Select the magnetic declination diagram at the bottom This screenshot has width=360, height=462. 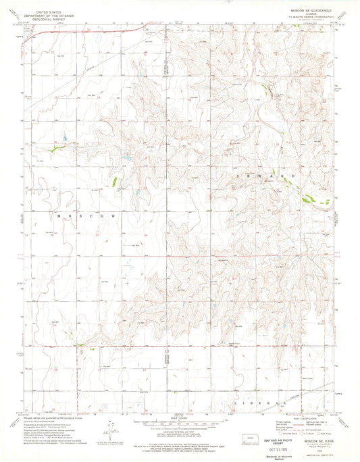coord(113,428)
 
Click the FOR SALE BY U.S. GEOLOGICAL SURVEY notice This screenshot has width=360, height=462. coord(179,446)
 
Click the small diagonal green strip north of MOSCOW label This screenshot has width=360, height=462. coord(114,180)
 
